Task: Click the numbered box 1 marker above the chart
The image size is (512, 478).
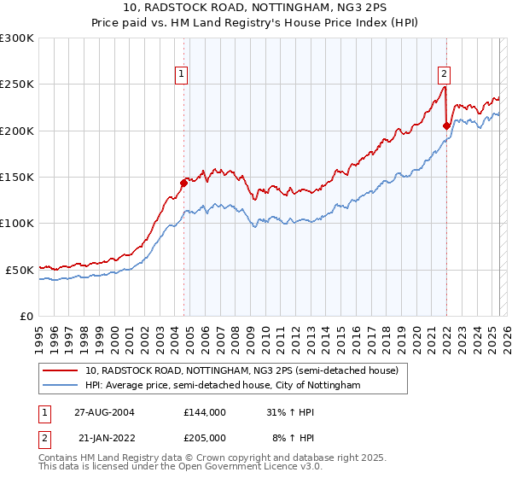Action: pyautogui.click(x=183, y=74)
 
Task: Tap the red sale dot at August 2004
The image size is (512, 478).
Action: pyautogui.click(x=183, y=182)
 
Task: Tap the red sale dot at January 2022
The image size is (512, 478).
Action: pyautogui.click(x=446, y=125)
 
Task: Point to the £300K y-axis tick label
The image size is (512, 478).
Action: pyautogui.click(x=17, y=38)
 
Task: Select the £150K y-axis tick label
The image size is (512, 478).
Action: pyautogui.click(x=17, y=177)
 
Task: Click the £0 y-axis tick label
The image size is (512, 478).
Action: pyautogui.click(x=26, y=316)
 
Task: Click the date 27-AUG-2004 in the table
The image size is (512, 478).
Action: pyautogui.click(x=103, y=412)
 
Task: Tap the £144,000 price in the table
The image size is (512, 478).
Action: pyautogui.click(x=204, y=412)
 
